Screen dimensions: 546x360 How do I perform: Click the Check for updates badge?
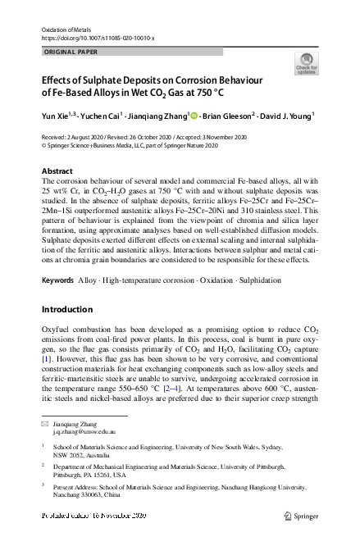click(306, 63)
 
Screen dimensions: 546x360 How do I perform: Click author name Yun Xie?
click(55, 116)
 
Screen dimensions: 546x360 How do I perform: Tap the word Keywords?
click(57, 280)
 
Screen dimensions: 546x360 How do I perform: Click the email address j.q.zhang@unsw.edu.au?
click(83, 430)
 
